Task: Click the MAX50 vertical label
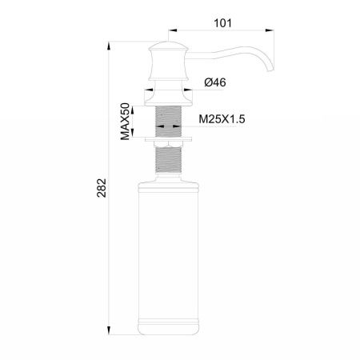[125, 122]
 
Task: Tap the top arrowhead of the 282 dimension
[110, 38]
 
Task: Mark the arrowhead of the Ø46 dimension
[191, 92]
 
